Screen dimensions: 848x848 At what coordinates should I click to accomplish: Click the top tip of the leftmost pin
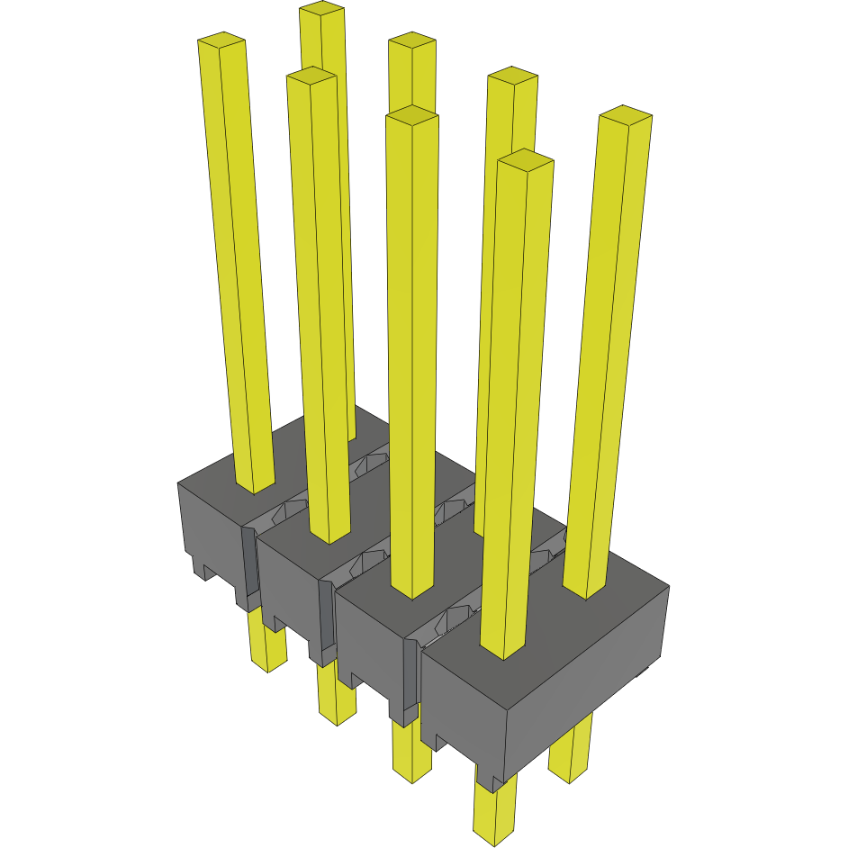pos(221,40)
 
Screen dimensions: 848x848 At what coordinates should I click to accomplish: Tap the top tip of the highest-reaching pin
pos(321,9)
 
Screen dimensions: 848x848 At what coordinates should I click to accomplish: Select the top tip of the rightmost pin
pos(625,114)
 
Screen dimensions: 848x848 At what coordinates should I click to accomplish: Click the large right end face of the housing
pos(585,684)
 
